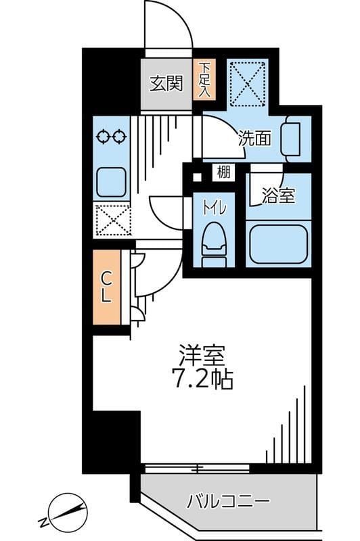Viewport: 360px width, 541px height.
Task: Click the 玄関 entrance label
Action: (166, 84)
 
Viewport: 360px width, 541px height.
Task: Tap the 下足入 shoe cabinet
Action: (203, 80)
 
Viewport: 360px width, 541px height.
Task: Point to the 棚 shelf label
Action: (223, 172)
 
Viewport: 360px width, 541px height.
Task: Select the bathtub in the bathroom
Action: (278, 245)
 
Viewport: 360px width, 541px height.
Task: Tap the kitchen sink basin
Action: (112, 182)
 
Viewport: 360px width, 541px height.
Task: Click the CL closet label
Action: (107, 287)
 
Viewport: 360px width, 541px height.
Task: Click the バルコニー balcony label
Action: (228, 502)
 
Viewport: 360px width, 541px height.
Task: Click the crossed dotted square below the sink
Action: (112, 219)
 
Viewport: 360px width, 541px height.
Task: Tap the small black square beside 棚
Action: (197, 179)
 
